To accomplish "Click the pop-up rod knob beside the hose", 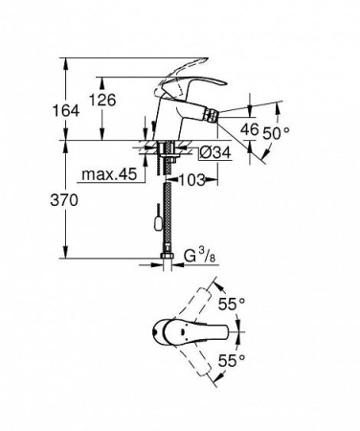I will click(150, 223).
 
